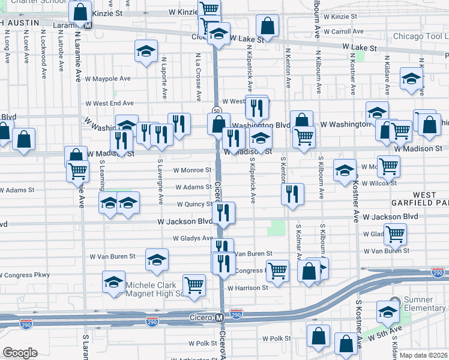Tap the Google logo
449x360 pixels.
click(20, 353)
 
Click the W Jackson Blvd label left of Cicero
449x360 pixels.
click(185, 221)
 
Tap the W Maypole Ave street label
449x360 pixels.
click(107, 79)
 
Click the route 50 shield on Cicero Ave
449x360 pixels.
click(217, 110)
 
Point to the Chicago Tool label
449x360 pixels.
click(420, 37)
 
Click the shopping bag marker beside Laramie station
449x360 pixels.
click(79, 11)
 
